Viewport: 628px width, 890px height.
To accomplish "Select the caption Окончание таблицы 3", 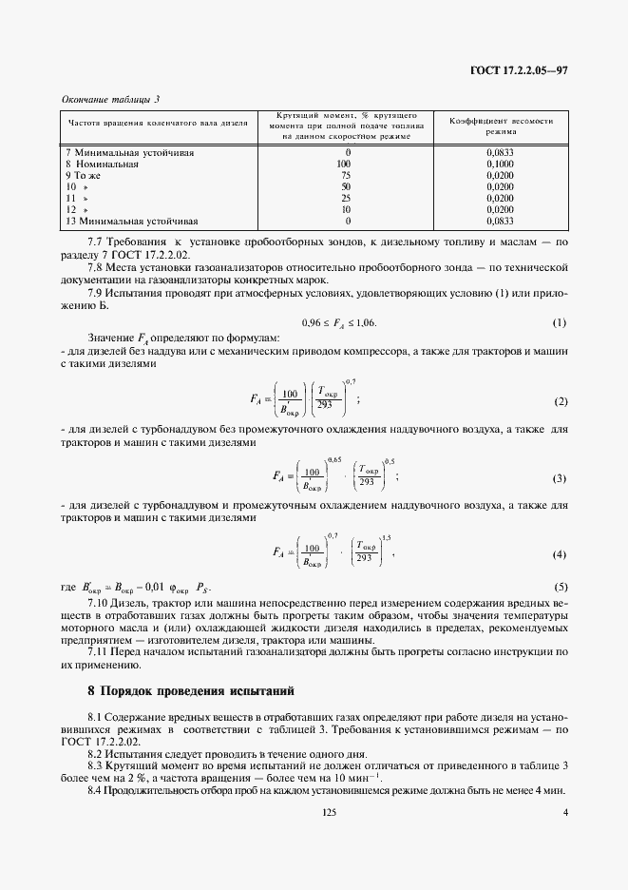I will [x=110, y=99].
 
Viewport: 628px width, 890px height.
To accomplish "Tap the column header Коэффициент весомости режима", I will [x=500, y=126].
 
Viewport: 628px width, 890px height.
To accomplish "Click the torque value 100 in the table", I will [x=344, y=164].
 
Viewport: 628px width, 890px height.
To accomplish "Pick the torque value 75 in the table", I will [x=346, y=175].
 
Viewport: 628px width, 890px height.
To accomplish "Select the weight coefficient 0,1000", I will [x=500, y=164].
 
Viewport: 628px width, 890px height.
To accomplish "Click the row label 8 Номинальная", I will [x=102, y=164].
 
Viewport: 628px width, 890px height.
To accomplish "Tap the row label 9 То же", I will [x=83, y=175].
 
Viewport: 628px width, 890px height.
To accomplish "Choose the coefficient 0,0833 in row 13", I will [x=500, y=221].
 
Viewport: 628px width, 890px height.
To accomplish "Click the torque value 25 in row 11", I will [x=346, y=198].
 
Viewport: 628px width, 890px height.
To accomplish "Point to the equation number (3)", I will [x=560, y=476].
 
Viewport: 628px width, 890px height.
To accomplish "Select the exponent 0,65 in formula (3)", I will [x=333, y=459].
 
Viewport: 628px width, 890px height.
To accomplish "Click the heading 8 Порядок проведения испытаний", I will [x=191, y=689].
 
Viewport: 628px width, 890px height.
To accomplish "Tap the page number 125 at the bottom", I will [x=330, y=812].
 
